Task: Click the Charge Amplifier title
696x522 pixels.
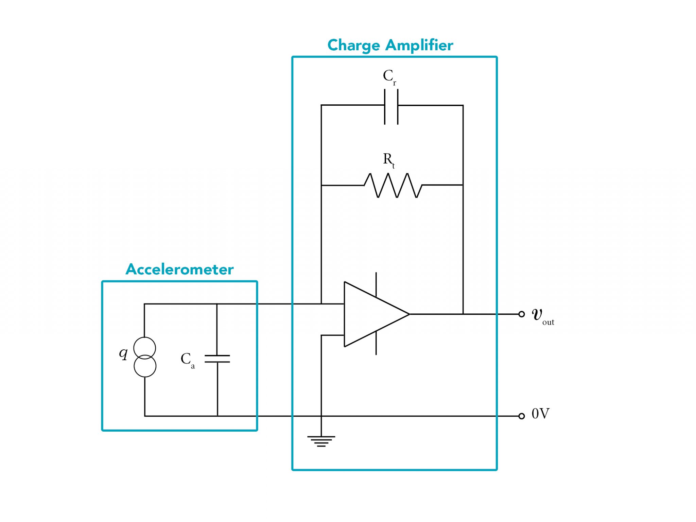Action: (390, 46)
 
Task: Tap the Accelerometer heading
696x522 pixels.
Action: (179, 269)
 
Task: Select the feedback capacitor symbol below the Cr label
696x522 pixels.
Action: (391, 107)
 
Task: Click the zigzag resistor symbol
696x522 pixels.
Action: (393, 185)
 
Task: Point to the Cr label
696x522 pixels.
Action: (389, 77)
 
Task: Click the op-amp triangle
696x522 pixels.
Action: (377, 314)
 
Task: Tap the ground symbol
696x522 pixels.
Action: (321, 441)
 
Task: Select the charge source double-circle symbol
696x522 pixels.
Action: (145, 357)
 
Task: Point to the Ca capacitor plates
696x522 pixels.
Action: (217, 359)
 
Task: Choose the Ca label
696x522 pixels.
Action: (188, 360)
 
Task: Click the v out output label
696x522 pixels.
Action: (543, 316)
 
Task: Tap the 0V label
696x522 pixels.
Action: (540, 414)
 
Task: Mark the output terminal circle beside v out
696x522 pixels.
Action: (522, 314)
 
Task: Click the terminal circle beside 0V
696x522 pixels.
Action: (522, 416)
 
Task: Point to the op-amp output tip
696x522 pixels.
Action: (410, 314)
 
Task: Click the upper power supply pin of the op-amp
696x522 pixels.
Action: (376, 284)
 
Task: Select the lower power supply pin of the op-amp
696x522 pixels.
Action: (376, 343)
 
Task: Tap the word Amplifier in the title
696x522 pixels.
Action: (419, 46)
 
